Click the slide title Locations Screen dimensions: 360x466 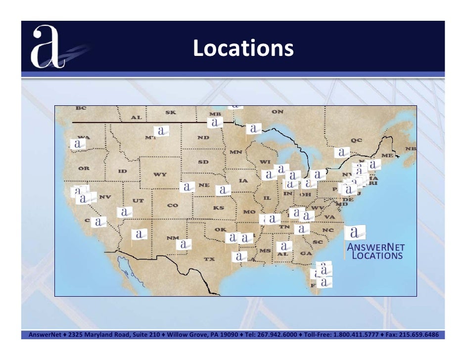tap(243, 48)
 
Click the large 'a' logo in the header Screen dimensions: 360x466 tap(48, 47)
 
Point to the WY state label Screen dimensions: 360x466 tap(159, 174)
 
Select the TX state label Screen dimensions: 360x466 tap(209, 259)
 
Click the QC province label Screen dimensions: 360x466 tap(356, 140)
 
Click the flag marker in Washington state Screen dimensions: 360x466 tap(78, 144)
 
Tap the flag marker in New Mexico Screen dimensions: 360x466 tap(184, 244)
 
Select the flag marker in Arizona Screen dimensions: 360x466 tap(140, 234)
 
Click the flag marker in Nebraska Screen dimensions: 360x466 tap(187, 187)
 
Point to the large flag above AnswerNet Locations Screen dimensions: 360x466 tap(355, 232)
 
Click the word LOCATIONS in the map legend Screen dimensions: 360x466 tap(377, 256)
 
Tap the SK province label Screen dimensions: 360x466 tap(170, 113)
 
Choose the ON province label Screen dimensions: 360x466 tap(277, 112)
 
